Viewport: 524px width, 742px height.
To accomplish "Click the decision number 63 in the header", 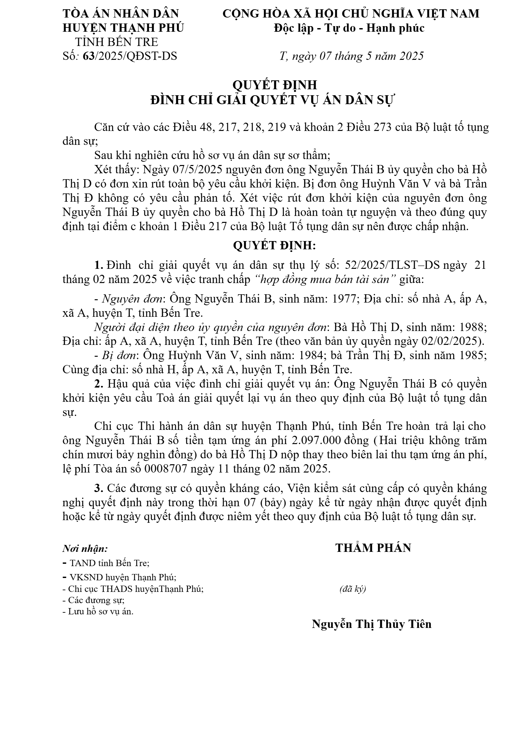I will (89, 56).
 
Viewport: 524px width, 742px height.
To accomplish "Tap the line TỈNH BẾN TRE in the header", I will (117, 42).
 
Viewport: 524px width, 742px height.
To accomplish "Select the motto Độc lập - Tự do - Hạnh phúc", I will (349, 28).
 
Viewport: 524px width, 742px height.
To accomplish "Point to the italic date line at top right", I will (351, 56).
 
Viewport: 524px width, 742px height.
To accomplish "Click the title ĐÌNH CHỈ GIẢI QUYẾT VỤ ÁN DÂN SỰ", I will (273, 100).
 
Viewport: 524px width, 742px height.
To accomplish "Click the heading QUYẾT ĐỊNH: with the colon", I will (274, 245).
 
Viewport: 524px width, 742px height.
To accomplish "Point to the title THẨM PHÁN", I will (373, 548).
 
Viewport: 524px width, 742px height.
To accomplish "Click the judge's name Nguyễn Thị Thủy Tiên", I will (372, 624).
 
